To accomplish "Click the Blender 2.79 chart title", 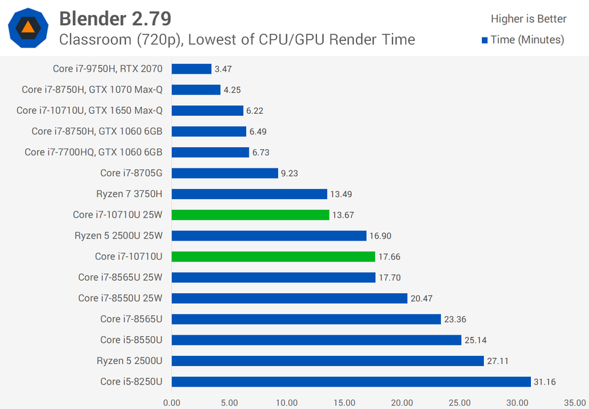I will tap(115, 17).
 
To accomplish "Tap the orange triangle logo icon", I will tap(28, 27).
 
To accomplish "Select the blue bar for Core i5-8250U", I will tap(351, 382).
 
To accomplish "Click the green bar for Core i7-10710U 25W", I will tap(250, 215).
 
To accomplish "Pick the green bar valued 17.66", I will tap(273, 257).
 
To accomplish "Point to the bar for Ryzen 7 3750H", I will tap(250, 194).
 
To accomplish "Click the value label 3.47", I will tap(222, 69).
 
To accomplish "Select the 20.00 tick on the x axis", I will tap(402, 402).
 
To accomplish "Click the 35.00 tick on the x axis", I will tap(575, 402).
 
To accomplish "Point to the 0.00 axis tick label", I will tap(172, 402).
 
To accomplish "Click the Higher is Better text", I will tap(528, 19).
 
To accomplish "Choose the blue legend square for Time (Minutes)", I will tap(485, 40).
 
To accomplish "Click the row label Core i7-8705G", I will tap(132, 173).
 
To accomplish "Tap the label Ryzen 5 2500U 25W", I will tap(119, 236).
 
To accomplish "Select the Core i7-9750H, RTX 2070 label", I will tap(108, 68).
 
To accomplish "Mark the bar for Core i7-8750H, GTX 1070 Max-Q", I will tap(196, 90).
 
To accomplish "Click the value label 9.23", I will tap(290, 173).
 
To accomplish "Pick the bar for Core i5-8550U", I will tap(316, 340).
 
